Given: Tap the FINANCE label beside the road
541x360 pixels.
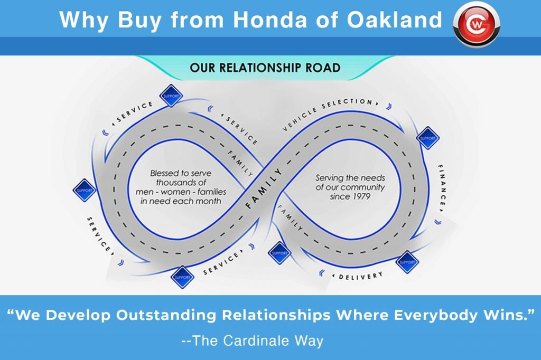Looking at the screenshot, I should [x=442, y=185].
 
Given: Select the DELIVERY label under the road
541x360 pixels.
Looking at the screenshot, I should [x=361, y=276].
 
